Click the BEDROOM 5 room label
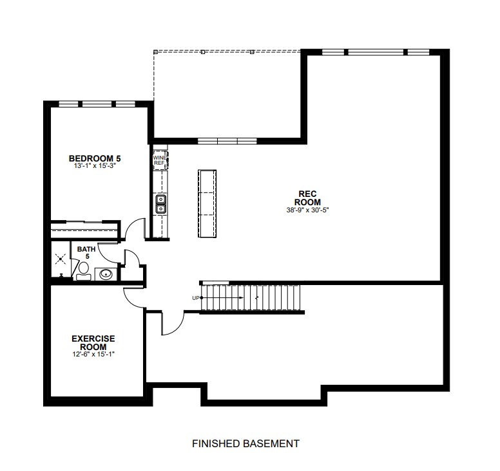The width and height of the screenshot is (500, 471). (x=95, y=158)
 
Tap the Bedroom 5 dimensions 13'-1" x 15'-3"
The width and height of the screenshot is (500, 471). (x=94, y=165)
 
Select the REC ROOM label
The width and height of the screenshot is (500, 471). (x=307, y=198)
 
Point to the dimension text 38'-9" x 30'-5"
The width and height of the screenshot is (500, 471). (x=307, y=210)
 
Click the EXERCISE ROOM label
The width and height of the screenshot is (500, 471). (x=93, y=343)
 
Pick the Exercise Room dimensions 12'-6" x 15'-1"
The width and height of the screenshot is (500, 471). (x=93, y=354)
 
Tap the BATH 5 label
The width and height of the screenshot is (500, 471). (x=86, y=252)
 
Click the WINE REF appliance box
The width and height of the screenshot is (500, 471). (x=160, y=160)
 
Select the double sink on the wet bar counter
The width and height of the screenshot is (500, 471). (x=160, y=204)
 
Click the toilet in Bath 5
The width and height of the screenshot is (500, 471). (x=84, y=272)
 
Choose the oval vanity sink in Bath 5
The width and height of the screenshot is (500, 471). (x=106, y=274)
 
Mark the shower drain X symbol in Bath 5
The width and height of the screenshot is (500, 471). (x=61, y=259)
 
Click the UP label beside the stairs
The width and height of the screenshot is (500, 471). (x=196, y=298)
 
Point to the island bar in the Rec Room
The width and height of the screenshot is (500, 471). (x=207, y=203)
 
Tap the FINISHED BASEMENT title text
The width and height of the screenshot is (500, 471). (x=245, y=443)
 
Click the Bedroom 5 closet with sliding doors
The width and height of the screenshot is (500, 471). (x=86, y=229)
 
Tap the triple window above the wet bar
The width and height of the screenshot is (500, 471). (x=227, y=141)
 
